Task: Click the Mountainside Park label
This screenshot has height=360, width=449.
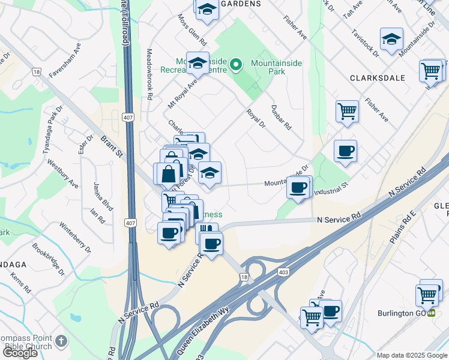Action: pyautogui.click(x=276, y=68)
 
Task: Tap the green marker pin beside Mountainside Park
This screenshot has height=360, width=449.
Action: pyautogui.click(x=237, y=64)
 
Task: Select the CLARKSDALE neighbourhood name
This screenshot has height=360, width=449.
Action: pyautogui.click(x=375, y=79)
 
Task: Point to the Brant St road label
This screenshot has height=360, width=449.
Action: pyautogui.click(x=112, y=145)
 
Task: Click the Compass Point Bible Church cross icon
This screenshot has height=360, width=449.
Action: pyautogui.click(x=61, y=341)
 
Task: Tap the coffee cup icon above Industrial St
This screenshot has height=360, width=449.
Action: pyautogui.click(x=345, y=151)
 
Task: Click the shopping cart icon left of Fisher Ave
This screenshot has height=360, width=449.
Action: pyautogui.click(x=347, y=111)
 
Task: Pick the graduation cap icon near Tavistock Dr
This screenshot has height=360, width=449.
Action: pyautogui.click(x=391, y=40)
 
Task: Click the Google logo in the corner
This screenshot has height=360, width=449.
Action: pyautogui.click(x=20, y=353)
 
